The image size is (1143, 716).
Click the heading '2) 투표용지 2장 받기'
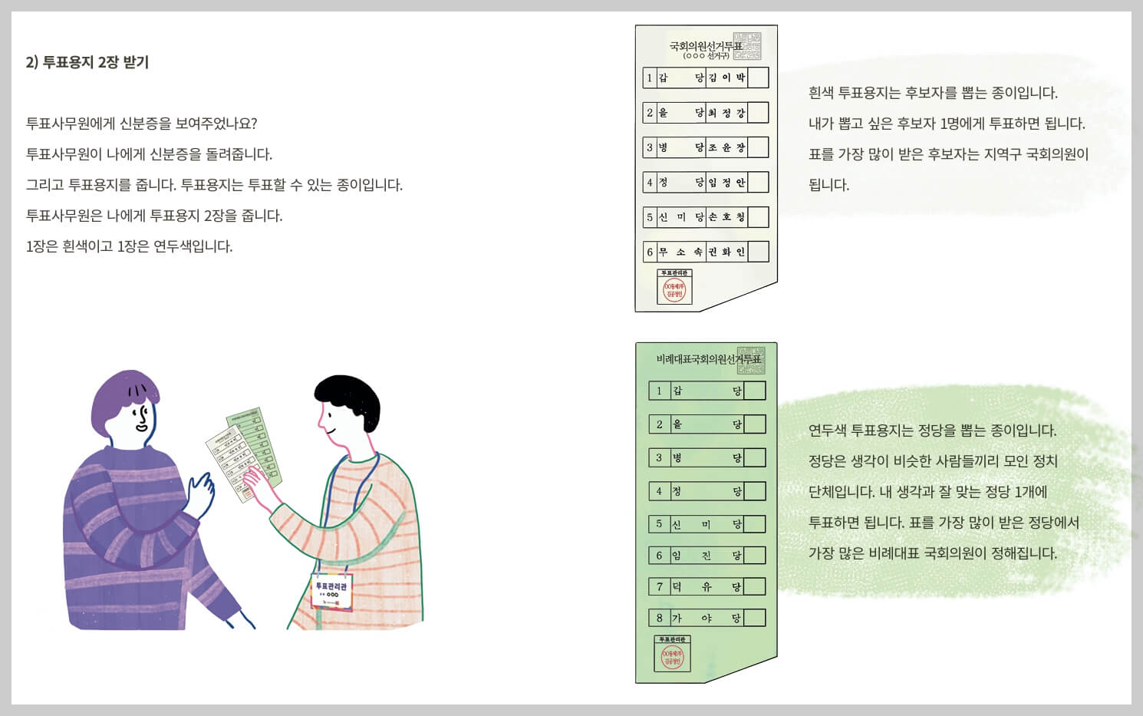(87, 62)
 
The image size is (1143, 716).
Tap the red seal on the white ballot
(674, 290)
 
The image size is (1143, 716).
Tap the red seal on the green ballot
(672, 658)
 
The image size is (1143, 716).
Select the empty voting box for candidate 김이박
(758, 78)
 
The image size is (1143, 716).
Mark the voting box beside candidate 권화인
(758, 252)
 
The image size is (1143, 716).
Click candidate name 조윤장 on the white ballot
(726, 147)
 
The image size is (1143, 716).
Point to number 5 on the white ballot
(650, 217)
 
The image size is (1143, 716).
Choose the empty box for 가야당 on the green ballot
(754, 618)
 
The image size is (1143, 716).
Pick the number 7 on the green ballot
(659, 587)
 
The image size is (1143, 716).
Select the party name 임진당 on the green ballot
(707, 556)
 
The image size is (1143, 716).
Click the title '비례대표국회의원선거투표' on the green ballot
(708, 359)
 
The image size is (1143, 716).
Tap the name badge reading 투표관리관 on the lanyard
(331, 590)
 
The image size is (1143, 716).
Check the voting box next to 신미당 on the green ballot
(754, 524)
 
